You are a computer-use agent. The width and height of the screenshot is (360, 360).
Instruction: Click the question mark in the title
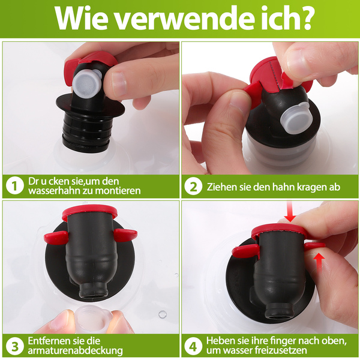tap(304, 18)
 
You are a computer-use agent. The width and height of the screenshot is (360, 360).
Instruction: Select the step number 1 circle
tap(15, 186)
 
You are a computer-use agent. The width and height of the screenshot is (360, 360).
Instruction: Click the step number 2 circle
tap(193, 187)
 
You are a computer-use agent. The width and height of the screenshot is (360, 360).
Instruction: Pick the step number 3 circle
tap(15, 346)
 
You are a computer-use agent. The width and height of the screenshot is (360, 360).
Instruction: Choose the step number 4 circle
tap(193, 346)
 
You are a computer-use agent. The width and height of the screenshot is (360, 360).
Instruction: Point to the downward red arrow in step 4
tap(290, 212)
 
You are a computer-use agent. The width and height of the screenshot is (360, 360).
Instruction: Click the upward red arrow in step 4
tap(319, 262)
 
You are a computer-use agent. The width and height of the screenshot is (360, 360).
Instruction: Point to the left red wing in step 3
tap(56, 238)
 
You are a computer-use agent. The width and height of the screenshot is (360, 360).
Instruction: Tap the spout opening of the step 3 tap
tap(93, 296)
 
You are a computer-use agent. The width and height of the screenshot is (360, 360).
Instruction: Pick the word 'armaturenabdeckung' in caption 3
tap(76, 351)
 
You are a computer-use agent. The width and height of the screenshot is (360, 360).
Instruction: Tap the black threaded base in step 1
tap(85, 131)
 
